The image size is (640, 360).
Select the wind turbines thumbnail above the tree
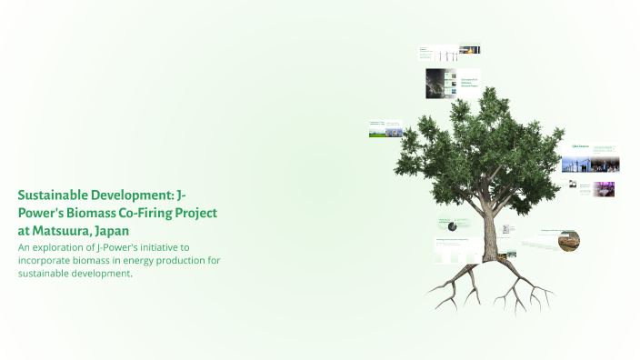[469, 51]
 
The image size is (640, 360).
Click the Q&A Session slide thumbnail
[580, 145]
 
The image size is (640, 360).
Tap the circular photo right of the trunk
[570, 241]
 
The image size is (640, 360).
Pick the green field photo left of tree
[385, 131]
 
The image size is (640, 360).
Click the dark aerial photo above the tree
[441, 84]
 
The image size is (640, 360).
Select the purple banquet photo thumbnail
[604, 189]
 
